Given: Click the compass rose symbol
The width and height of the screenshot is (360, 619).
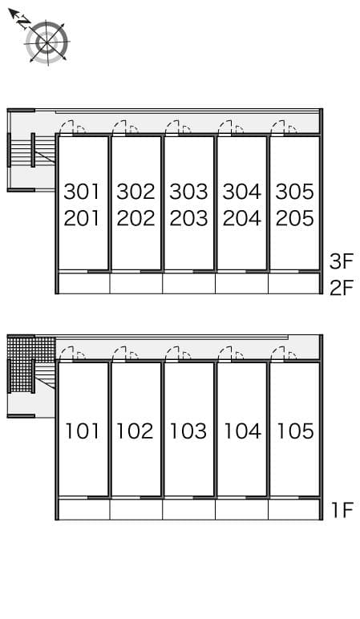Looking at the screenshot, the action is [x=47, y=42].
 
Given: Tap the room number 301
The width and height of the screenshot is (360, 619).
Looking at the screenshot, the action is [x=82, y=192].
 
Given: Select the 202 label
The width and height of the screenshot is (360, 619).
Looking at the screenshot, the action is [x=136, y=218].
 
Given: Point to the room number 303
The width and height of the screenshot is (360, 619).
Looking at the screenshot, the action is [x=188, y=192].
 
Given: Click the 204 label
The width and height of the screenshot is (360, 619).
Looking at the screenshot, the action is [x=241, y=218].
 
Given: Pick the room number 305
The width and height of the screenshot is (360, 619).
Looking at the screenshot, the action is [x=294, y=192].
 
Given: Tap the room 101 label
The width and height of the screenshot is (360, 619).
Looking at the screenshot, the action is [x=82, y=431].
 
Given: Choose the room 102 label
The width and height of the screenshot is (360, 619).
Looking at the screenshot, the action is [x=135, y=431].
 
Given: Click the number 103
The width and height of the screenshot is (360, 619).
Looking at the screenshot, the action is [x=188, y=431].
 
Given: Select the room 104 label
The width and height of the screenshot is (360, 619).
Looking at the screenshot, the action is [x=241, y=431].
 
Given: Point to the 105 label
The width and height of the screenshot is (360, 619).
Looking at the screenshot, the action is [x=294, y=431].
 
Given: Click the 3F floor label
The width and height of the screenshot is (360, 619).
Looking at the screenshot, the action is [x=341, y=261].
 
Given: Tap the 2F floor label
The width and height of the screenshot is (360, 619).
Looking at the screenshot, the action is [x=341, y=287].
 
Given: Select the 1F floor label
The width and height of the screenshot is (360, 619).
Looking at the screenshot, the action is [x=342, y=510].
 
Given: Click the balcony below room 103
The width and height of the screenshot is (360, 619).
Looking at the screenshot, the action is [x=188, y=509].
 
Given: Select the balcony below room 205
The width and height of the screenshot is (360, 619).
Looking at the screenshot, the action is [x=293, y=283].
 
